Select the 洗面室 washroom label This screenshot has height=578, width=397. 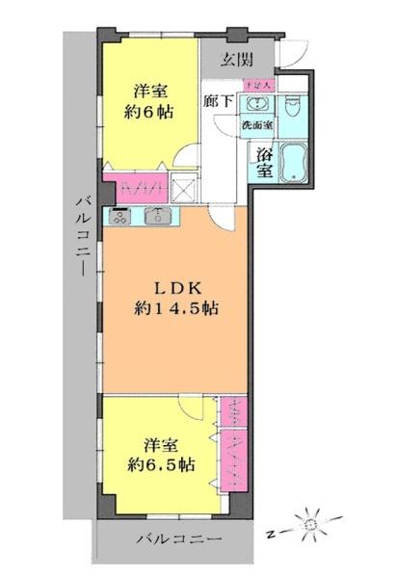(x=257, y=125)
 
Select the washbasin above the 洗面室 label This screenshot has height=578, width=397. (x=256, y=104)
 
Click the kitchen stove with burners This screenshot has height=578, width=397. (x=122, y=217)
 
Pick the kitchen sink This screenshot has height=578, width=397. (x=157, y=217)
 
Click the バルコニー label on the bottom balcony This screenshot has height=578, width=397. (x=178, y=538)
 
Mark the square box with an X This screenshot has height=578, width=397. (x=183, y=187)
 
